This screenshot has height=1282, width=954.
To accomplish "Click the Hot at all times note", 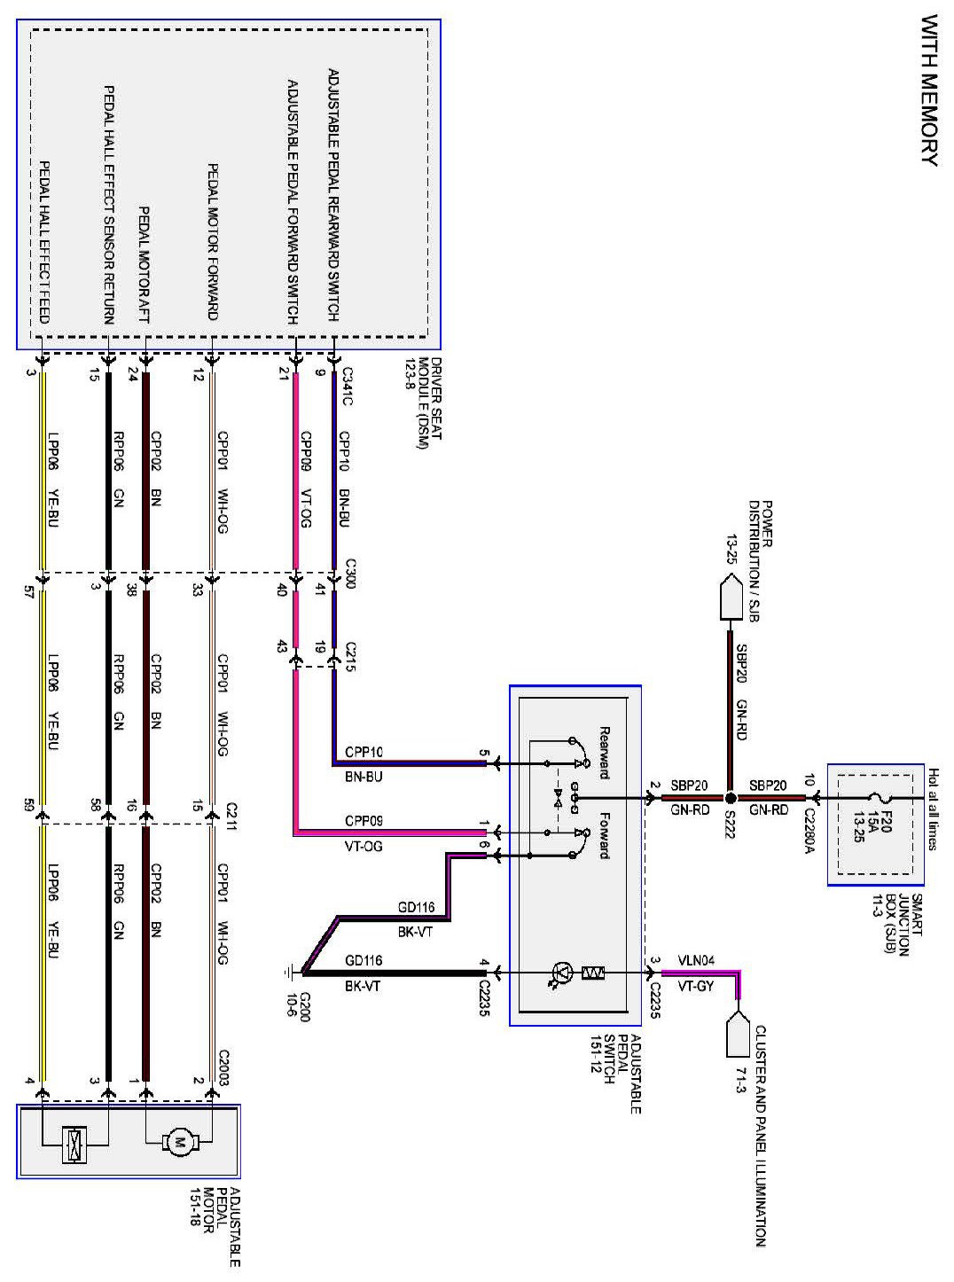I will [932, 808].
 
